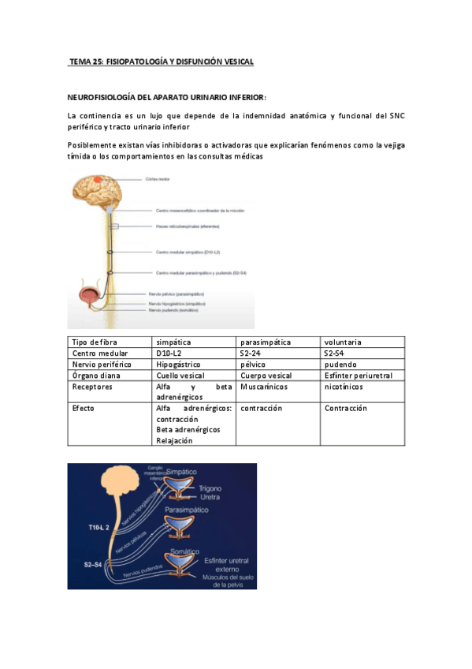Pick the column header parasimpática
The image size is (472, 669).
266,342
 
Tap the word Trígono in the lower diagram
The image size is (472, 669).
211,488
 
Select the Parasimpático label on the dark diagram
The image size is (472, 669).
187,510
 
